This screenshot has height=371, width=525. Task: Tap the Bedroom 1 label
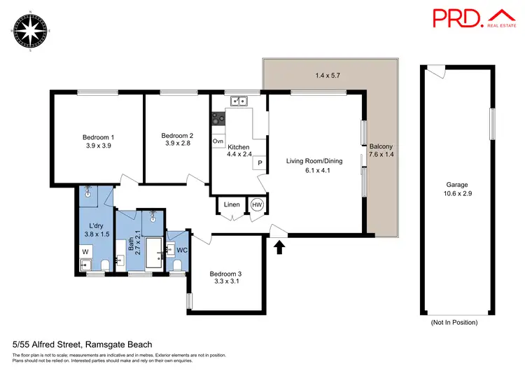point(99,136)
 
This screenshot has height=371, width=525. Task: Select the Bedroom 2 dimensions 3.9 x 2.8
point(177,143)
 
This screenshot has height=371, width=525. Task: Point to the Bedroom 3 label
point(225,274)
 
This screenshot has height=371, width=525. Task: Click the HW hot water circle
point(257,205)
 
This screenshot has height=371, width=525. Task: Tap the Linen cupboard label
point(232,204)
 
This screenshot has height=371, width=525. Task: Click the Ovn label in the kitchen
point(218,141)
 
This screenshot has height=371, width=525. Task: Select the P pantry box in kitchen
point(260,163)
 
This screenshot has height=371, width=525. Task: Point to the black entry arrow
point(280,246)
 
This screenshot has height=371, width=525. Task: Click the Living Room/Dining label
point(314,161)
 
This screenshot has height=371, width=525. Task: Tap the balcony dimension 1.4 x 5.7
point(330,75)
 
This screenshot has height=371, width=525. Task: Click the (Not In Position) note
point(454,323)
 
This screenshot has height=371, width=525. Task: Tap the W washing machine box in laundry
point(85,250)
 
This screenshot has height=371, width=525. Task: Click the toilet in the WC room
point(177,264)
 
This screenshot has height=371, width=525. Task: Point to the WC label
point(181,249)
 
